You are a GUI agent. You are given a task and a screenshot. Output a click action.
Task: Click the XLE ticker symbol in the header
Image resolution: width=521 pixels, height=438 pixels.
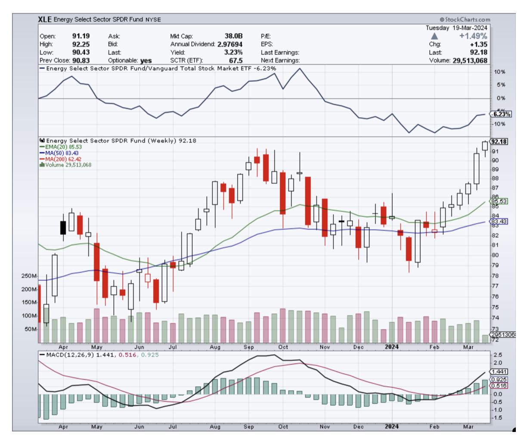click(44, 19)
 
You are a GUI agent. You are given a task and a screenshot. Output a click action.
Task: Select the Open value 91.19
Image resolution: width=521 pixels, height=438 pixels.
click(81, 36)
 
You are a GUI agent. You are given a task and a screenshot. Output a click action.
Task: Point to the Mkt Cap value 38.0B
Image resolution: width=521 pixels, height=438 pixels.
click(233, 36)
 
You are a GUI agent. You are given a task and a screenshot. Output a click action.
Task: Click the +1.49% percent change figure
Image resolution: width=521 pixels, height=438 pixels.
click(473, 36)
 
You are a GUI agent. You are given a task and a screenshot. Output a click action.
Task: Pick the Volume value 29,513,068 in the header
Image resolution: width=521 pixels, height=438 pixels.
click(470, 60)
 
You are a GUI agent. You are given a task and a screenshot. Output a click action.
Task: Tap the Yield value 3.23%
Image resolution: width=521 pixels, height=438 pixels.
click(233, 52)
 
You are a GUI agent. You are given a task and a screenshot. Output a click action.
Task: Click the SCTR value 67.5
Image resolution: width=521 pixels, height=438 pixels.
click(236, 60)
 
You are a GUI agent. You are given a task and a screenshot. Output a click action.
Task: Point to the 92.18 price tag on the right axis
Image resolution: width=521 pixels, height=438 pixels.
click(499, 142)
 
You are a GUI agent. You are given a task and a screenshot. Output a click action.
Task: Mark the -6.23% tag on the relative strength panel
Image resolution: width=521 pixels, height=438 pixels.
click(502, 114)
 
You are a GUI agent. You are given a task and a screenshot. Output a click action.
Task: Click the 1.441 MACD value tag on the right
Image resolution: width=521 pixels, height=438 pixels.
click(499, 372)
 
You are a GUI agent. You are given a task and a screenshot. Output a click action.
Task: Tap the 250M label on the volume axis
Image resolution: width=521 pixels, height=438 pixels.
click(29, 276)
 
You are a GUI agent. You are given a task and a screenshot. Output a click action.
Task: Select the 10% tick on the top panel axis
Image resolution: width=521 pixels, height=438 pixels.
click(500, 72)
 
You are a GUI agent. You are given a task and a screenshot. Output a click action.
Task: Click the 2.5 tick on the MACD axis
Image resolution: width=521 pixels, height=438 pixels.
click(498, 355)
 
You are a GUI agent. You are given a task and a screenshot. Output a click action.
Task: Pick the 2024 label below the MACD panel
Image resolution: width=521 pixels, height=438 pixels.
click(391, 426)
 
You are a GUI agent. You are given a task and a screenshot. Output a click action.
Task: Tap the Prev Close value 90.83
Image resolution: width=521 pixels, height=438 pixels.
click(81, 60)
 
